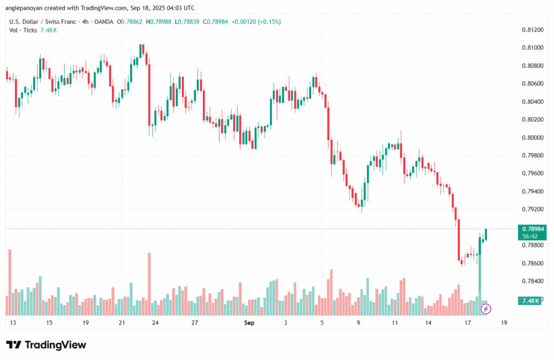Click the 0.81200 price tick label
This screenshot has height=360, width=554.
click(532, 30)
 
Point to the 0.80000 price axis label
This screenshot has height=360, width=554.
click(532, 138)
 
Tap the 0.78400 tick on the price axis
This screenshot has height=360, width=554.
click(532, 281)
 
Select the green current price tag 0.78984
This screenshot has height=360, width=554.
click(531, 229)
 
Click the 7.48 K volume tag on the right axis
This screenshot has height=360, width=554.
click(529, 300)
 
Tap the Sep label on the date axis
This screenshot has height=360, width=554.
click(249, 323)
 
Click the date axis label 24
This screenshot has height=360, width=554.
click(155, 323)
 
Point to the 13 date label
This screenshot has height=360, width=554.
click(12, 323)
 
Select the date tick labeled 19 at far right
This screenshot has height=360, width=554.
click(504, 323)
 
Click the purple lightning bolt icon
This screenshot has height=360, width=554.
click(486, 309)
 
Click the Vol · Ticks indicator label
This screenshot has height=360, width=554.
click(23, 30)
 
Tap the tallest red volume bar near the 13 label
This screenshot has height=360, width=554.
click(10, 282)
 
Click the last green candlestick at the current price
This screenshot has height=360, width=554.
click(486, 234)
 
